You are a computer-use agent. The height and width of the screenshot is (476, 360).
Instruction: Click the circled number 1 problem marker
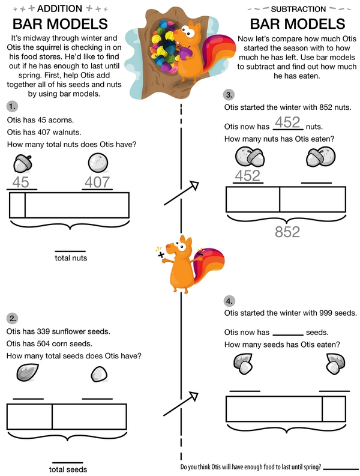13,106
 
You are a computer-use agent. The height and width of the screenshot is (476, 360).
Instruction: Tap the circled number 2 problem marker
13,318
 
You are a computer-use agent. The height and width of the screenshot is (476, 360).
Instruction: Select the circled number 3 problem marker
230,95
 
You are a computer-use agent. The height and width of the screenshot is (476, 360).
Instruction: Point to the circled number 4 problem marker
230,301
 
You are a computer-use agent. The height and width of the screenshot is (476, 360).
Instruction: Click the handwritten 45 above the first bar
21,182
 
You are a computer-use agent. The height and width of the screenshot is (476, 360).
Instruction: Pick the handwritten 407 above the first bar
97,182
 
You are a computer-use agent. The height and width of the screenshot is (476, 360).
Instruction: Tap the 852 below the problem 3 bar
287,232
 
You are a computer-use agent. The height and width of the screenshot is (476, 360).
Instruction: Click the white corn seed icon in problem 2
98,375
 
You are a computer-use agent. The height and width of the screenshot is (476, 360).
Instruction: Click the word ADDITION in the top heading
61,8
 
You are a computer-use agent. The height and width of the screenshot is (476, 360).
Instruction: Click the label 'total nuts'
71,258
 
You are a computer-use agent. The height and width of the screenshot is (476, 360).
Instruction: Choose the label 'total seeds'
68,469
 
